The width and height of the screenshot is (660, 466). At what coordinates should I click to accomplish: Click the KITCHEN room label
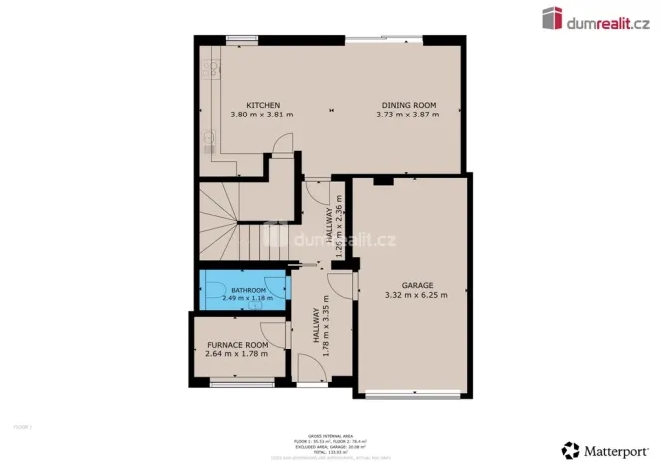[x=263, y=105]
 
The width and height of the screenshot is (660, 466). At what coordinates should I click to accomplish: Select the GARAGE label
[x=416, y=284]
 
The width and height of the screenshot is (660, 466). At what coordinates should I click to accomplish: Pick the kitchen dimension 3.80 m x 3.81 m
[x=263, y=115]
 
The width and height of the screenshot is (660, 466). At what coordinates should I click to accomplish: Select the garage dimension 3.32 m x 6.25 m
[x=416, y=295]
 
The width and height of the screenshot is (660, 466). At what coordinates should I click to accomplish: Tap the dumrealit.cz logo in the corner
[x=595, y=17]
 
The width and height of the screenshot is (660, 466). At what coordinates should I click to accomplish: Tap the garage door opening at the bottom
[x=410, y=395]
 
